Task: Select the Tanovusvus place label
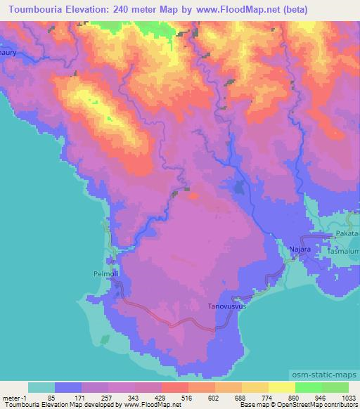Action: click(x=228, y=306)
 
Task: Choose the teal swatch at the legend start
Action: click(x=41, y=387)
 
